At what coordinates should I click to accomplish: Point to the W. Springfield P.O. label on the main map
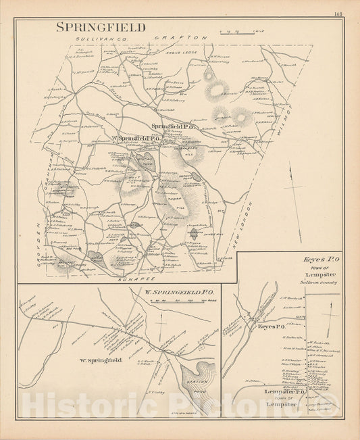[x=134, y=139]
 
